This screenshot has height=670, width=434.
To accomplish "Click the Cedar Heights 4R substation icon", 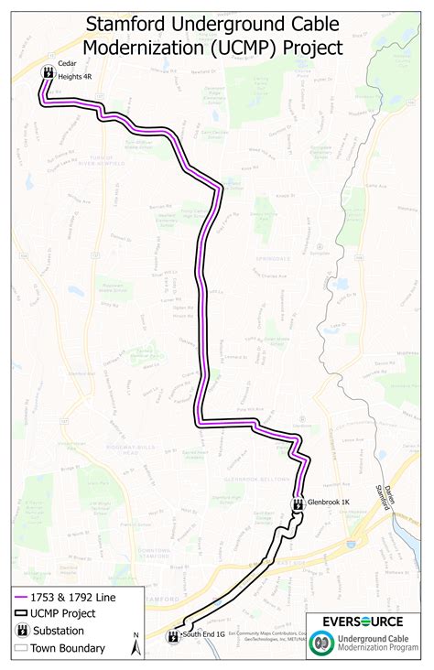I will (x=47, y=71).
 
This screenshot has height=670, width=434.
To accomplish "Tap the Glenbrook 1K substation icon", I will (x=298, y=502).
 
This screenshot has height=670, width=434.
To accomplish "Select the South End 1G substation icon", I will (x=173, y=634).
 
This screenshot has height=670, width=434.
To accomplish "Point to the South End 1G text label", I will (x=203, y=633).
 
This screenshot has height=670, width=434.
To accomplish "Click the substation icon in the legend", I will (x=20, y=631).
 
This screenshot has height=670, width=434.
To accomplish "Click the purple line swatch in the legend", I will (x=20, y=597).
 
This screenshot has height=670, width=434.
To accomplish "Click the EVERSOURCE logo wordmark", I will (x=366, y=621).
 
